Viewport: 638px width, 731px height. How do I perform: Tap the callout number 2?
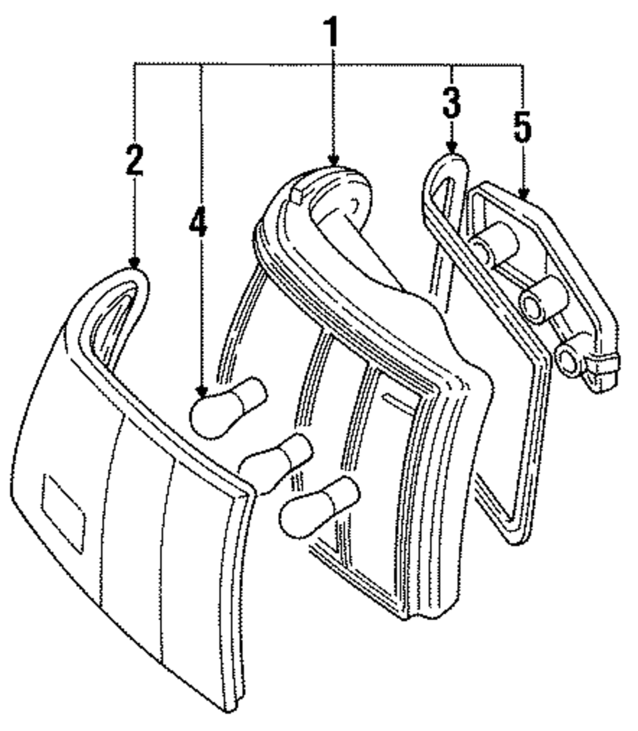tap(135, 161)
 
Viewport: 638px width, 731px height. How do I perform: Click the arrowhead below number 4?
tap(202, 394)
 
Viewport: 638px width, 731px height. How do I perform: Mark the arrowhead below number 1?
tap(332, 162)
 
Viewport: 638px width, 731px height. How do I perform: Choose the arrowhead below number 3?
tap(452, 149)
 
